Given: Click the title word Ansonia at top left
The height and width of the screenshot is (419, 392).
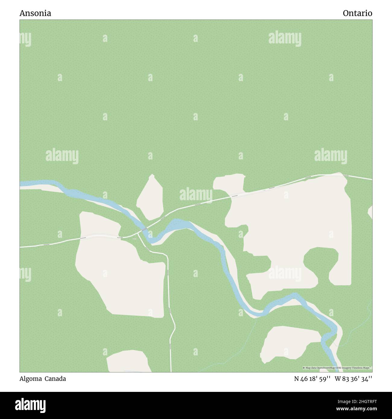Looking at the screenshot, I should (35, 13).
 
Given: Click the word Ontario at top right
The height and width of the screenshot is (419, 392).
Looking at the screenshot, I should (357, 13).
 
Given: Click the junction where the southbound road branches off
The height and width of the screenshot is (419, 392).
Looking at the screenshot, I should (138, 233).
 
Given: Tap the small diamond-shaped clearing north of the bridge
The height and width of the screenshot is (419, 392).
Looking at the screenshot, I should (150, 197).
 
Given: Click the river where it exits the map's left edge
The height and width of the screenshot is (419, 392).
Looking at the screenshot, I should (21, 183).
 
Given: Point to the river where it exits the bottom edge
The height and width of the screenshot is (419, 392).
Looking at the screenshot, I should (335, 370).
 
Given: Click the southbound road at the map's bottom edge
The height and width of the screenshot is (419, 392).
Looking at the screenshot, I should (171, 370).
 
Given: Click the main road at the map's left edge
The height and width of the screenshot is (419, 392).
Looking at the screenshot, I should (21, 247).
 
